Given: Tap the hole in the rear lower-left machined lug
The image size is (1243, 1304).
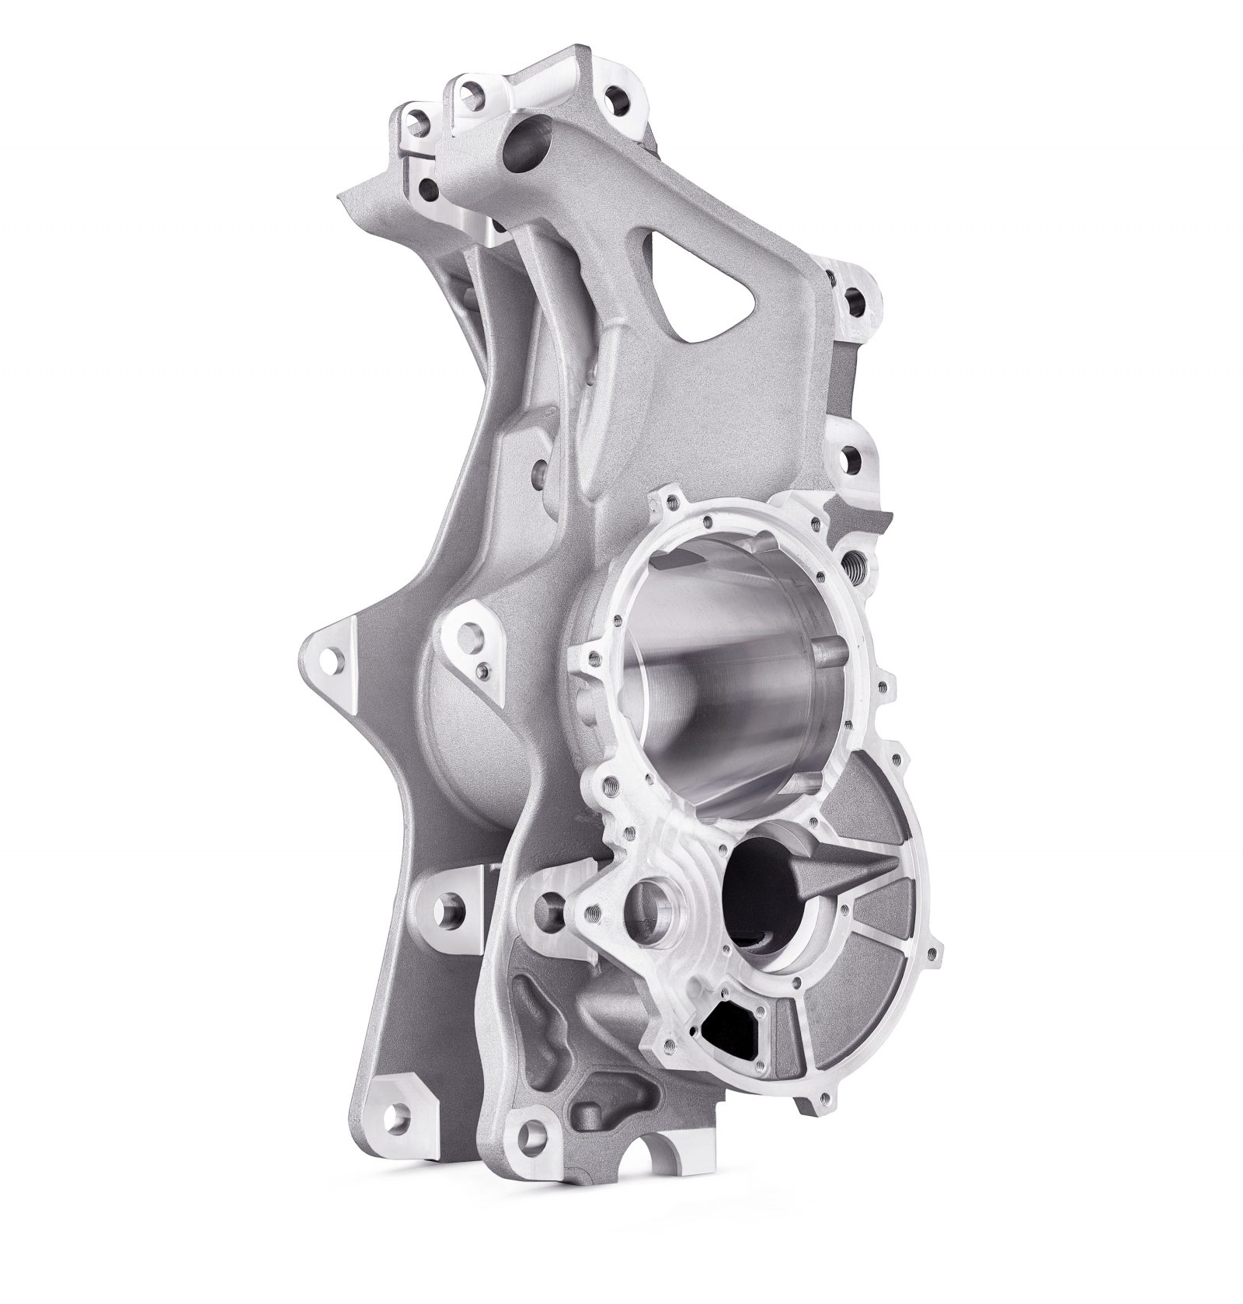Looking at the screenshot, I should coord(451,908).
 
